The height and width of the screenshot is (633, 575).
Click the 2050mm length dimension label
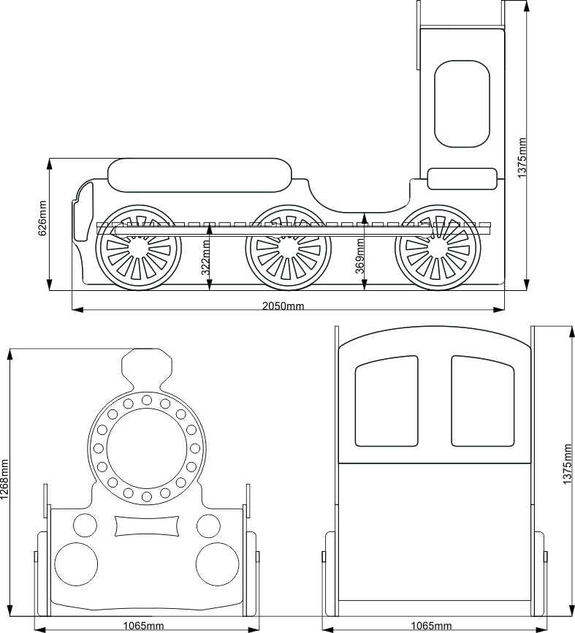[x=283, y=306]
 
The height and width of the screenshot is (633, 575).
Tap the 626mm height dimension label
[x=42, y=218]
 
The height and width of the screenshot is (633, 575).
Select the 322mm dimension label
[x=206, y=257]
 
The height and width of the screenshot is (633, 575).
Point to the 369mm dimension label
[x=360, y=256]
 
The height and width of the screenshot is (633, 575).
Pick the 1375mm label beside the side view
[x=522, y=158]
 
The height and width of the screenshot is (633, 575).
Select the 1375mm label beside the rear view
[x=568, y=464]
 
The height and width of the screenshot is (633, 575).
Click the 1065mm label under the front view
[x=144, y=626]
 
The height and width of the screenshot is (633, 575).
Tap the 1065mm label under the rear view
[x=431, y=626]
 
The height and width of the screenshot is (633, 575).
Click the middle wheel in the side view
[x=288, y=248]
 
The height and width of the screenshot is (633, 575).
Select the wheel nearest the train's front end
[x=138, y=248]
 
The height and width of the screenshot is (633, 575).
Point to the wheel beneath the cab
[x=438, y=248]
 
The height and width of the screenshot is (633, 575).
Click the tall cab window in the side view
[x=462, y=104]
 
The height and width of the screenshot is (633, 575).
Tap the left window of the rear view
[x=386, y=401]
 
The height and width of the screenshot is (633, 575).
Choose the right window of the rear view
[x=483, y=401]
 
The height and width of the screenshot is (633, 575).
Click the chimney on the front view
[x=147, y=369]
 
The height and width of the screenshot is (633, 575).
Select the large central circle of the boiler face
[x=147, y=448]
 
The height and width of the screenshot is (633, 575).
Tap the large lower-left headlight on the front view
[x=76, y=564]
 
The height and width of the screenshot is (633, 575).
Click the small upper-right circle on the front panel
[x=209, y=526]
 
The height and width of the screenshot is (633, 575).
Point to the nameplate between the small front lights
[x=147, y=526]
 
